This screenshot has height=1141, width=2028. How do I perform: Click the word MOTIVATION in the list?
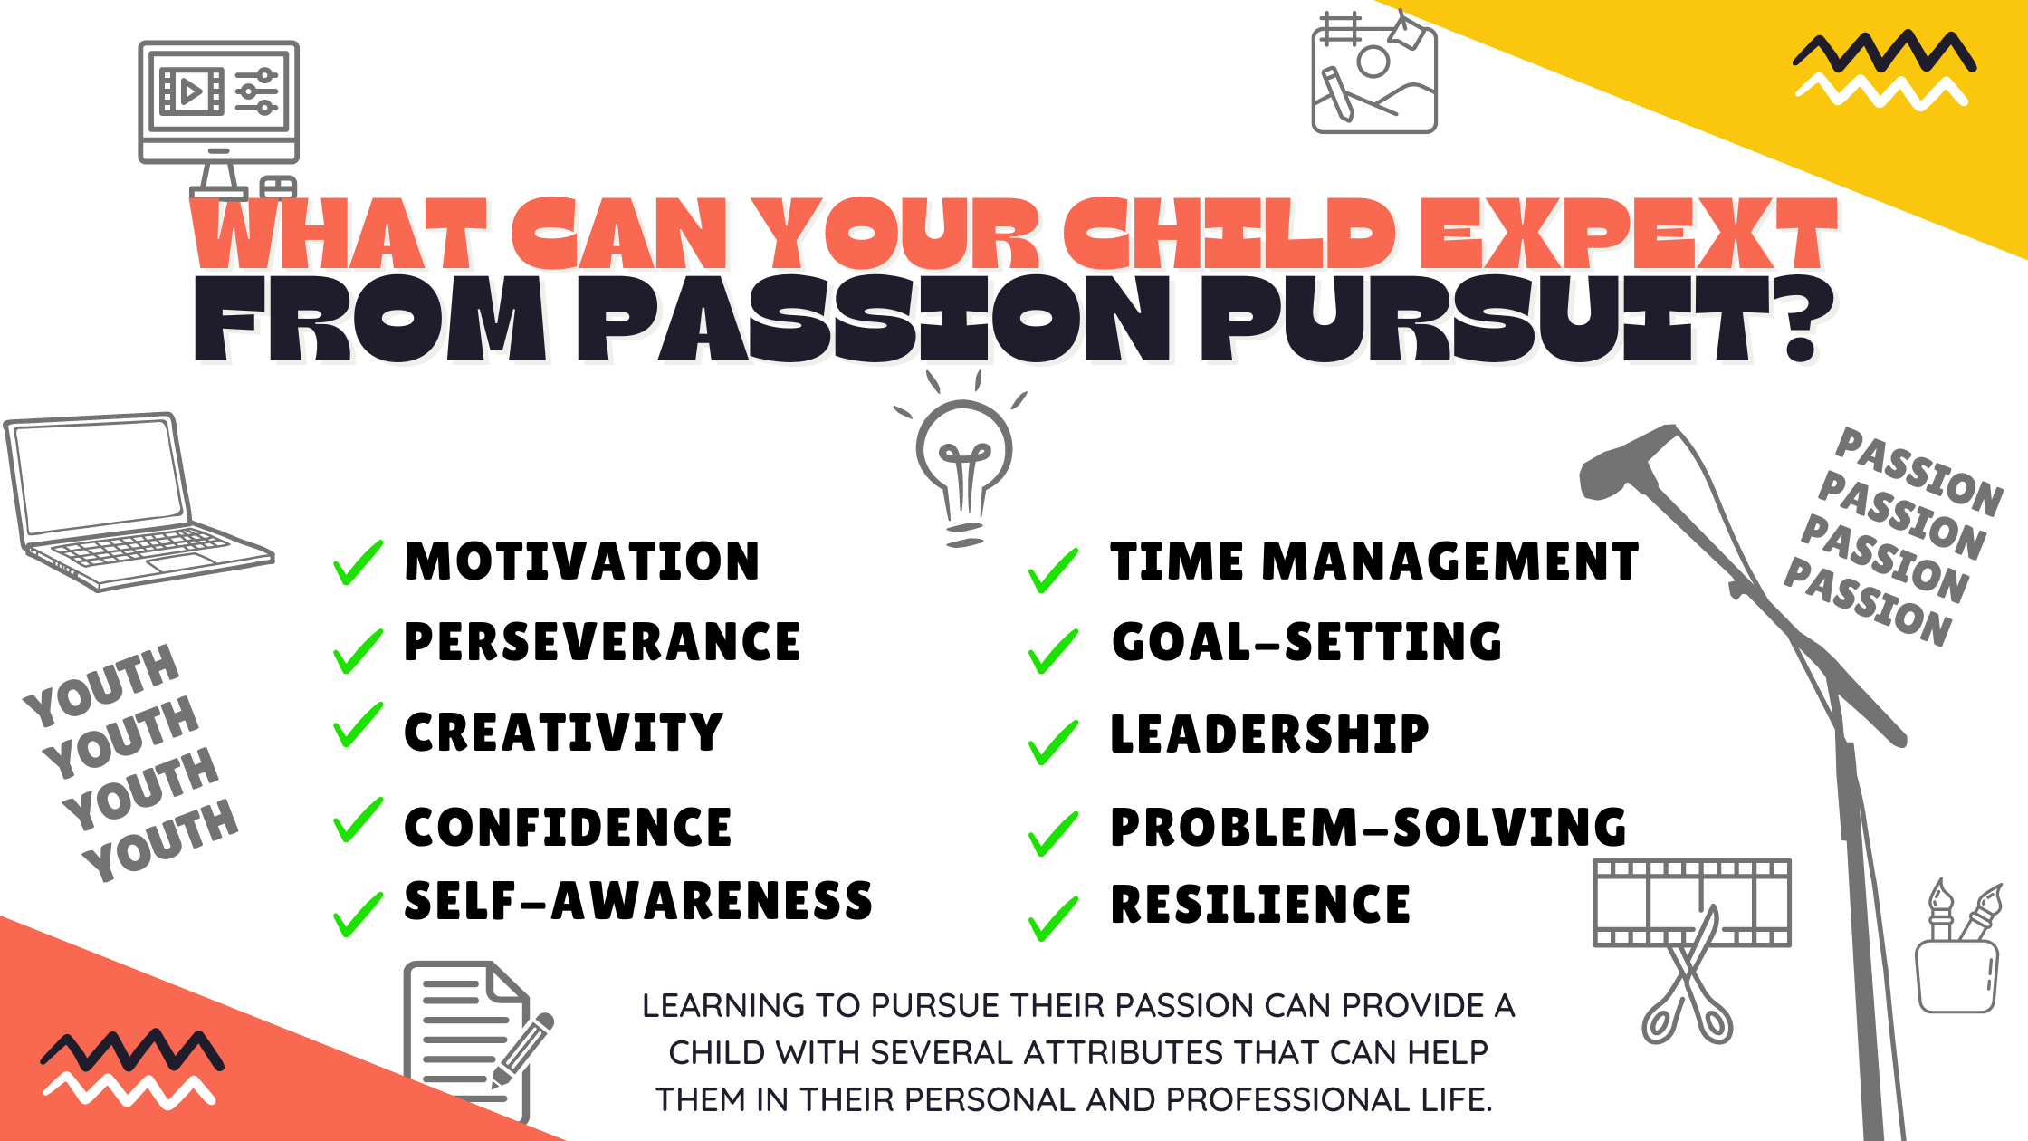pos(581,561)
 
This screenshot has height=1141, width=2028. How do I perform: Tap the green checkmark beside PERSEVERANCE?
pos(358,649)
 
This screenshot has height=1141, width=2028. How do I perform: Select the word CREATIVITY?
pos(563,733)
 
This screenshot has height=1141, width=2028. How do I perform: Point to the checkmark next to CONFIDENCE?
pos(358,820)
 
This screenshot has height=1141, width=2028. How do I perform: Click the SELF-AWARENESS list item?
pos(637,901)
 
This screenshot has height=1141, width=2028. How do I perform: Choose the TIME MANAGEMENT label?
pos(1374,561)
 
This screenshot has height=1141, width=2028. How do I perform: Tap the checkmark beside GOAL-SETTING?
pos(1053,651)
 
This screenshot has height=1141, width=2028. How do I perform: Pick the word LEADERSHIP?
pos(1269,733)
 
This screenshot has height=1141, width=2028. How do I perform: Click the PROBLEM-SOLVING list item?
pos(1368,827)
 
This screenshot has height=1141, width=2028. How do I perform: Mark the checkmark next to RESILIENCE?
pos(1053,917)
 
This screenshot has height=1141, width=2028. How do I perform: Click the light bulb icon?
pos(963,462)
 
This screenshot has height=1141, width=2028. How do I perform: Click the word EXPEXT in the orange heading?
pos(1628,234)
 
